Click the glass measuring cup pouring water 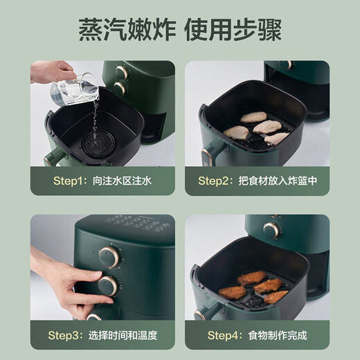pyautogui.click(x=69, y=91)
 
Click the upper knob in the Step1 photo pyautogui.click(x=122, y=72)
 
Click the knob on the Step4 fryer pyautogui.click(x=271, y=230)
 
